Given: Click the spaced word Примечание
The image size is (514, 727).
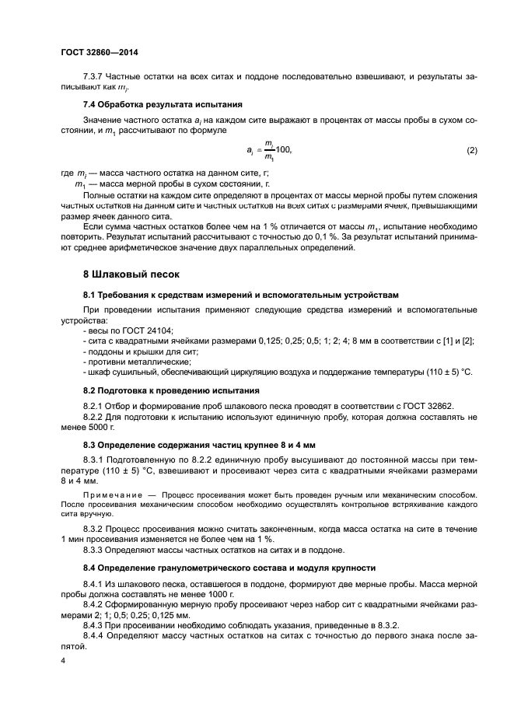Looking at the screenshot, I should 110,493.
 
